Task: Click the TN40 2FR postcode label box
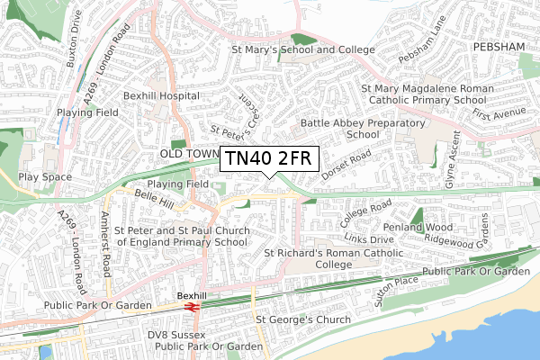[268, 158]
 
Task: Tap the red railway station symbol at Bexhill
[192, 307]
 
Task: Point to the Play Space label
[44, 177]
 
